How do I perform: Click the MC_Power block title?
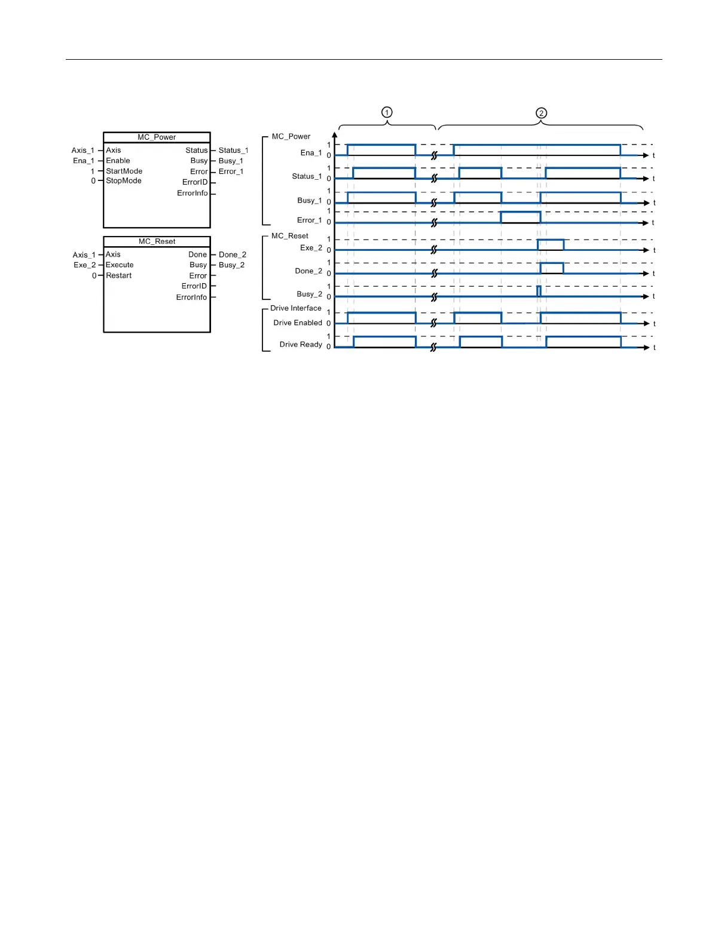tap(157, 137)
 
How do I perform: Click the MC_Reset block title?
tap(157, 241)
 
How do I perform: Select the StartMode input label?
tap(124, 171)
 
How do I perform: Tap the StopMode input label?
tap(123, 181)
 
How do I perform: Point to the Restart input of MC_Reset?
tap(118, 276)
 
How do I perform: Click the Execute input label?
tap(120, 265)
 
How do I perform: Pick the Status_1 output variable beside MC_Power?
tap(233, 151)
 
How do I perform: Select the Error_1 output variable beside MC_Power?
tap(231, 172)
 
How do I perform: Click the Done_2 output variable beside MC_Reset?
tap(232, 255)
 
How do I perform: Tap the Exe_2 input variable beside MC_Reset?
tap(84, 265)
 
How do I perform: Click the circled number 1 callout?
tap(387, 112)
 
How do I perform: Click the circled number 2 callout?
tap(541, 113)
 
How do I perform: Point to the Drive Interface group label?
tap(295, 308)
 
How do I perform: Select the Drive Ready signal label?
tap(300, 345)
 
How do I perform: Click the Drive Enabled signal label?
tap(297, 323)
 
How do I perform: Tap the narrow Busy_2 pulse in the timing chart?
tap(539, 292)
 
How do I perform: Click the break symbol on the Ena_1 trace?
tap(435, 155)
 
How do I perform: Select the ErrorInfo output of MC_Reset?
tap(191, 297)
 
